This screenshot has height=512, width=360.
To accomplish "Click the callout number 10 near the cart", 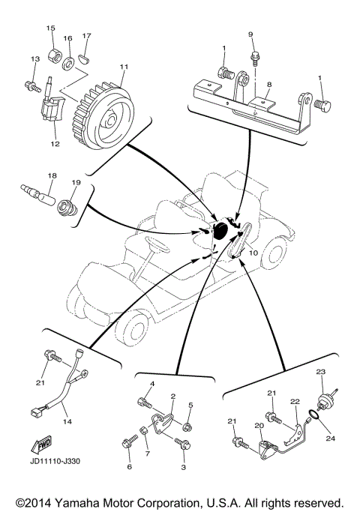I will coord(252,253).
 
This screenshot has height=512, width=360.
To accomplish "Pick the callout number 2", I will coord(172,396).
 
